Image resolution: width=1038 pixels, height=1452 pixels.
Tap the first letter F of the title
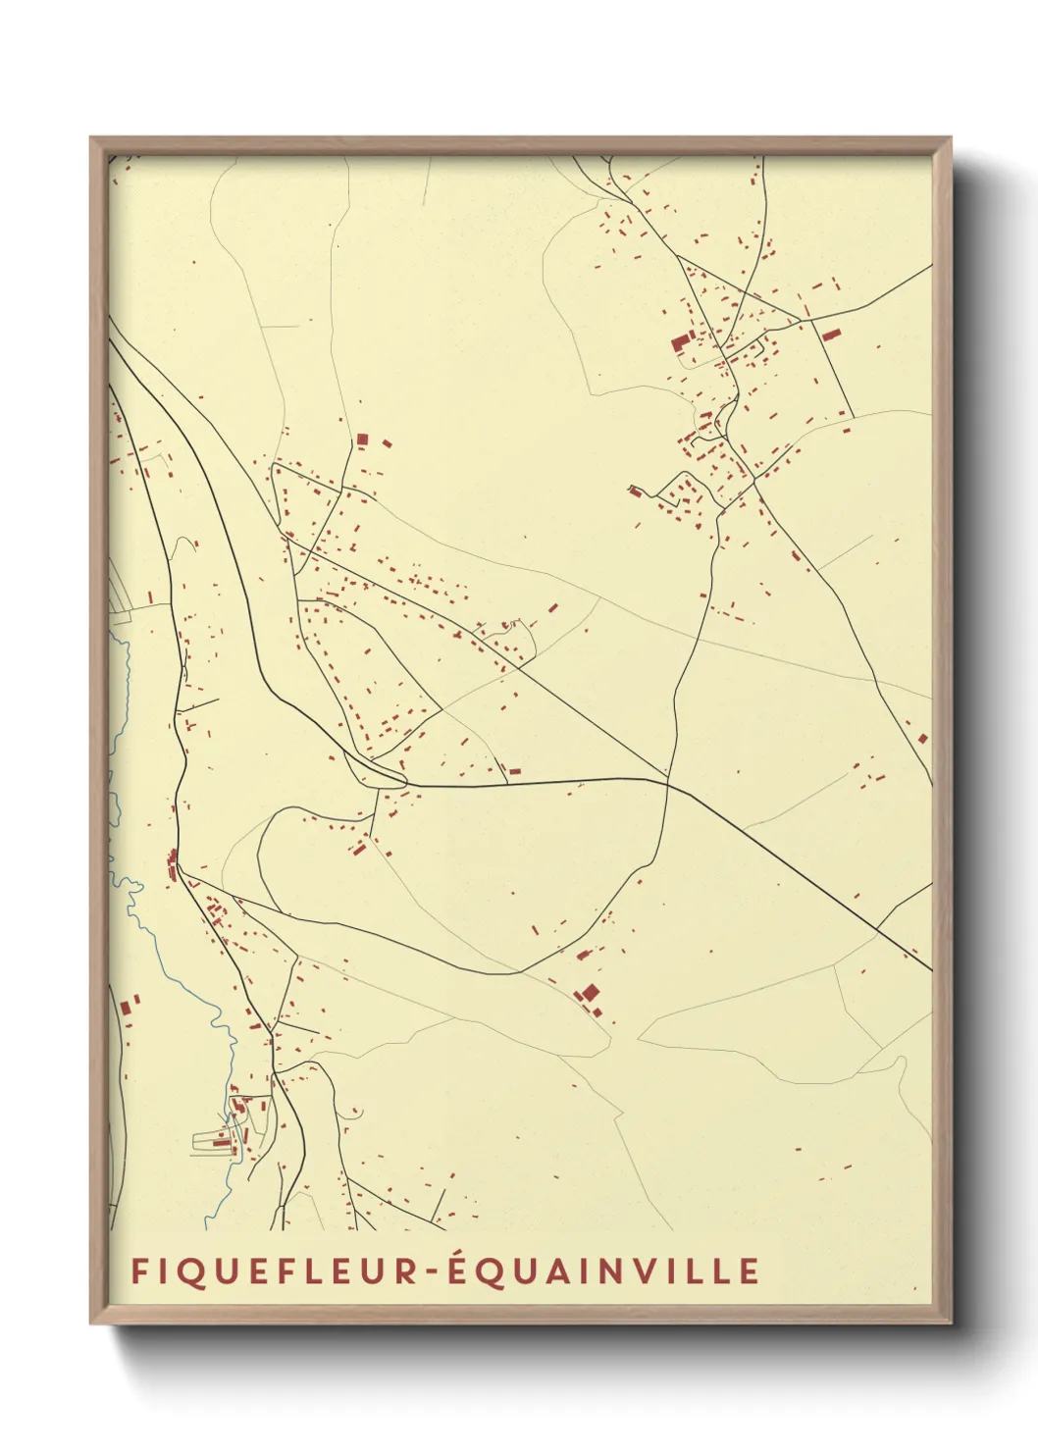coord(139,1271)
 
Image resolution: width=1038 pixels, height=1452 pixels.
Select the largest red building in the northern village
coord(680,341)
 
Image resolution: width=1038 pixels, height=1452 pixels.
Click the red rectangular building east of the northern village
coord(831,334)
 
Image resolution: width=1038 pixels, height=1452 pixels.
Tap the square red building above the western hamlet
coord(362,439)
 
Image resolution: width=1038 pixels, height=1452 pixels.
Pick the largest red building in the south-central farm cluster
coord(591,992)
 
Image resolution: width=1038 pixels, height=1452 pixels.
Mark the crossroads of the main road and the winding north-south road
coord(669,782)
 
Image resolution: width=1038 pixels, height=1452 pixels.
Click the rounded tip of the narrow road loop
coord(403,780)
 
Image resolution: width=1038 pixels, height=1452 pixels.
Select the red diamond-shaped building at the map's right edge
coord(922,739)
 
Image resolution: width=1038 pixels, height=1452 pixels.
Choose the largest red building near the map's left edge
coord(126,1007)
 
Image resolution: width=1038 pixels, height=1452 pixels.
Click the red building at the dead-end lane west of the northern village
coord(636,491)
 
